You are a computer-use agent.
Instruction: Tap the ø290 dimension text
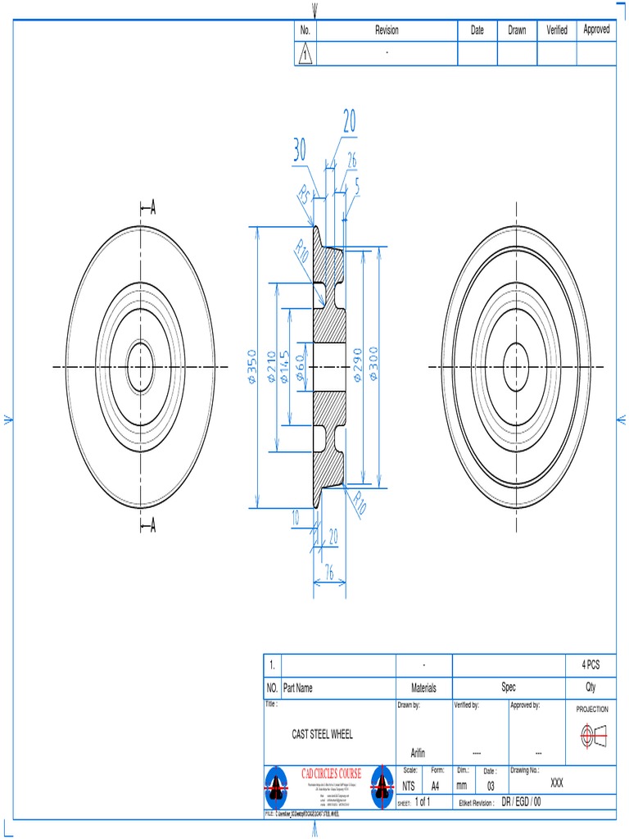coord(356,368)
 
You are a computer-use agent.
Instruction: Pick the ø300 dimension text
coord(373,368)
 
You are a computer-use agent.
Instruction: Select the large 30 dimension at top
coord(300,150)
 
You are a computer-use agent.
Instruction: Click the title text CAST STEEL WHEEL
coord(323,735)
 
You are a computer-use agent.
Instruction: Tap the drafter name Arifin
coord(418,753)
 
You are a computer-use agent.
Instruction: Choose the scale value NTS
coord(409,785)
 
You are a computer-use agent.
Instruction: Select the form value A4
coord(437,785)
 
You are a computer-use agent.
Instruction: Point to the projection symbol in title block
coord(591,736)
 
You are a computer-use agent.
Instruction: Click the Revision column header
coord(387,30)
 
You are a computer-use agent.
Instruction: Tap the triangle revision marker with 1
coord(305,55)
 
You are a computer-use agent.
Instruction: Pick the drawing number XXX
coord(557,783)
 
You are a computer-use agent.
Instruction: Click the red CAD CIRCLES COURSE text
coord(331,773)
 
